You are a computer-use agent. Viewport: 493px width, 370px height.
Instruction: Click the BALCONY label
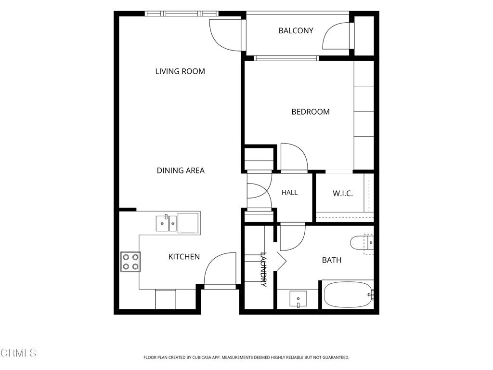point(296,30)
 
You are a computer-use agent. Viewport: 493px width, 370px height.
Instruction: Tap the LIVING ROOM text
point(180,71)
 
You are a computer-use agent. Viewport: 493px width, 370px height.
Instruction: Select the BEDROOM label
point(311,112)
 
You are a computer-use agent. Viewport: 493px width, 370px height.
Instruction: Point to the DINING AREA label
point(181,171)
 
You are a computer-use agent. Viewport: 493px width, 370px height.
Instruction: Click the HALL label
point(289,193)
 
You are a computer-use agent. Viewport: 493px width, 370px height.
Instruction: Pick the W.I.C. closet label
point(343,193)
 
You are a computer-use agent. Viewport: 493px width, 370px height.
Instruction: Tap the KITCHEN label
point(184,257)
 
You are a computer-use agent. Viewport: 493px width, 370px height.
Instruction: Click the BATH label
point(332,260)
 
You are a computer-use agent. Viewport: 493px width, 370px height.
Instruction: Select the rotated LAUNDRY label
point(263,270)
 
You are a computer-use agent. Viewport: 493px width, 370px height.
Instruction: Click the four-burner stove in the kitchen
point(130,262)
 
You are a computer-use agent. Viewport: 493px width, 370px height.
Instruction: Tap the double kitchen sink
point(166,223)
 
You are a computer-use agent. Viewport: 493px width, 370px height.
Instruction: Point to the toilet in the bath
point(362,243)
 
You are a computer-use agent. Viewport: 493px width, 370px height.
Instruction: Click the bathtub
point(348,295)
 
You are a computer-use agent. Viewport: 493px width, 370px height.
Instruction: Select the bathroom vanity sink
point(298,299)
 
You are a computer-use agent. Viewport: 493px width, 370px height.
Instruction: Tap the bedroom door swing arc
point(294,157)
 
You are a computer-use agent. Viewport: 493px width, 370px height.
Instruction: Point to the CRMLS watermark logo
point(19,353)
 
